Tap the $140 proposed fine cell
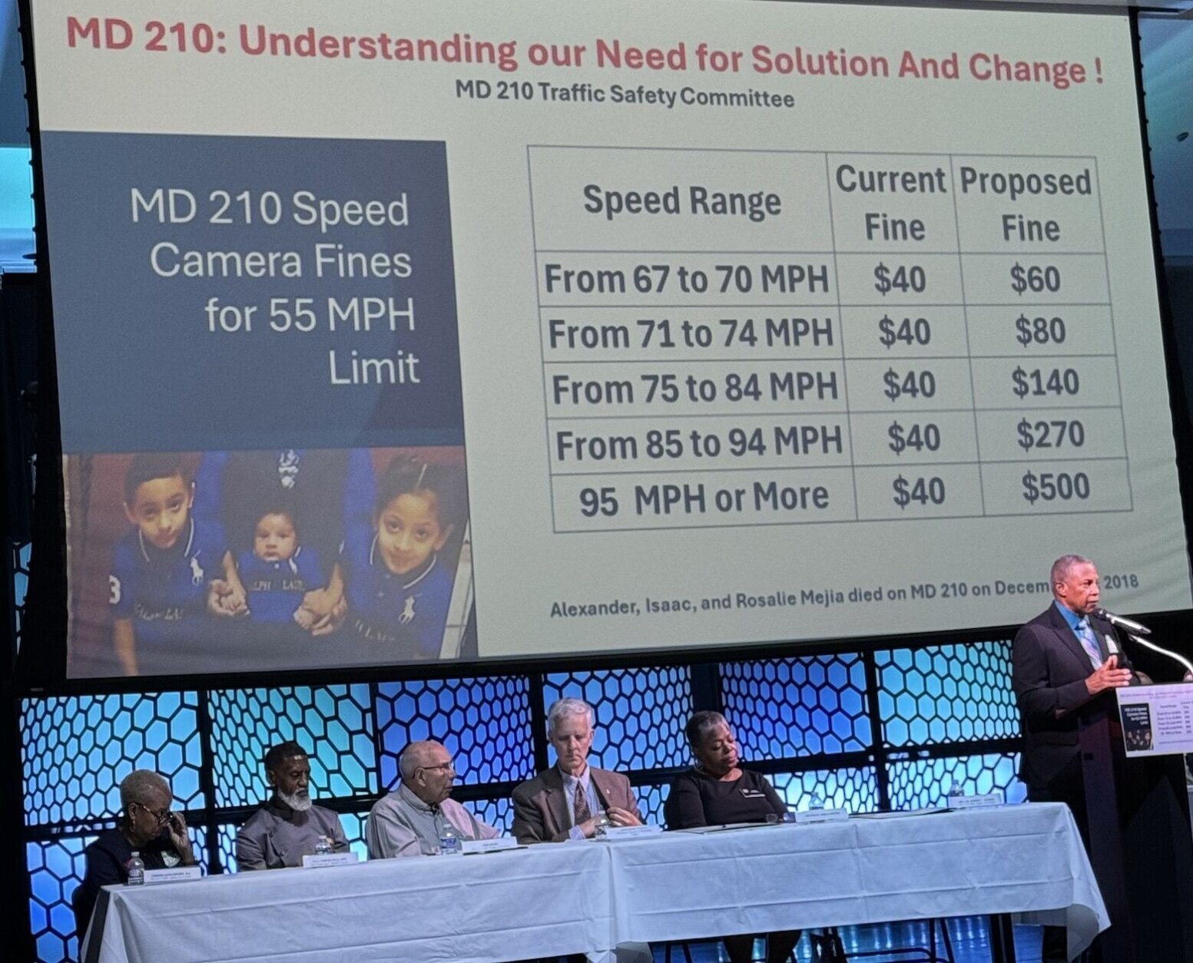pos(1045,382)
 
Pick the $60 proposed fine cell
pos(1035,279)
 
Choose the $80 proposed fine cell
pos(1040,331)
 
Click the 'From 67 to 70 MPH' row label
pos(686,279)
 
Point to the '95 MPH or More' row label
pos(703,498)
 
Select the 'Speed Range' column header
pos(681,201)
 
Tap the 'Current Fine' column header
pos(891,204)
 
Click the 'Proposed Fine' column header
pos(1026,205)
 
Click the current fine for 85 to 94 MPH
pos(913,438)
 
